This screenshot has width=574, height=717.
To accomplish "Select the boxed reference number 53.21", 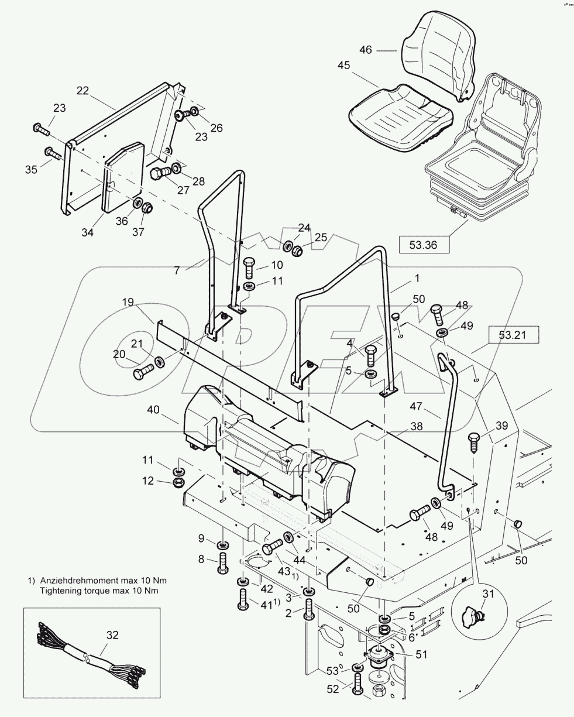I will [x=513, y=335].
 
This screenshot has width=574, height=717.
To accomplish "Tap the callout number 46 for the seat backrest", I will [x=366, y=50].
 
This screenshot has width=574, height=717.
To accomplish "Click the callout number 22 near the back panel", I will [x=83, y=90].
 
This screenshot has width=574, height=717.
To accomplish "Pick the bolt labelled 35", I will [x=53, y=154].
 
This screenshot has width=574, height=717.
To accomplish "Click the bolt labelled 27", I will [x=161, y=174].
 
